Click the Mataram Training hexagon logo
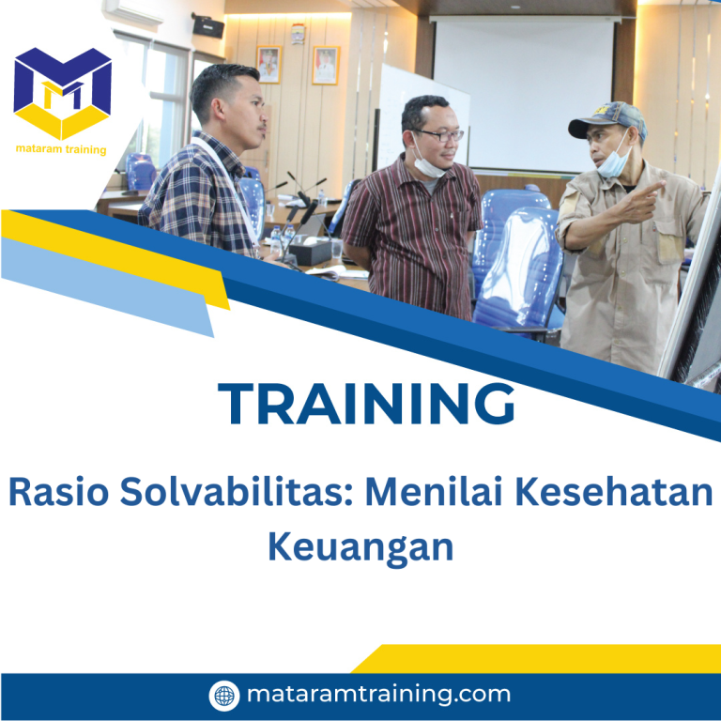tap(62, 93)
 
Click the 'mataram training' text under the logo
tap(62, 149)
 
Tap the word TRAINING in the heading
tap(367, 404)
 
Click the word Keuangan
tap(360, 545)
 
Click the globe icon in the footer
tap(223, 696)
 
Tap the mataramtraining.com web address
tap(378, 695)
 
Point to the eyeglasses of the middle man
tap(439, 135)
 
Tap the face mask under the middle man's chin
tap(427, 167)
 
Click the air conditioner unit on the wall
tap(140, 9)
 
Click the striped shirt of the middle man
tap(413, 235)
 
